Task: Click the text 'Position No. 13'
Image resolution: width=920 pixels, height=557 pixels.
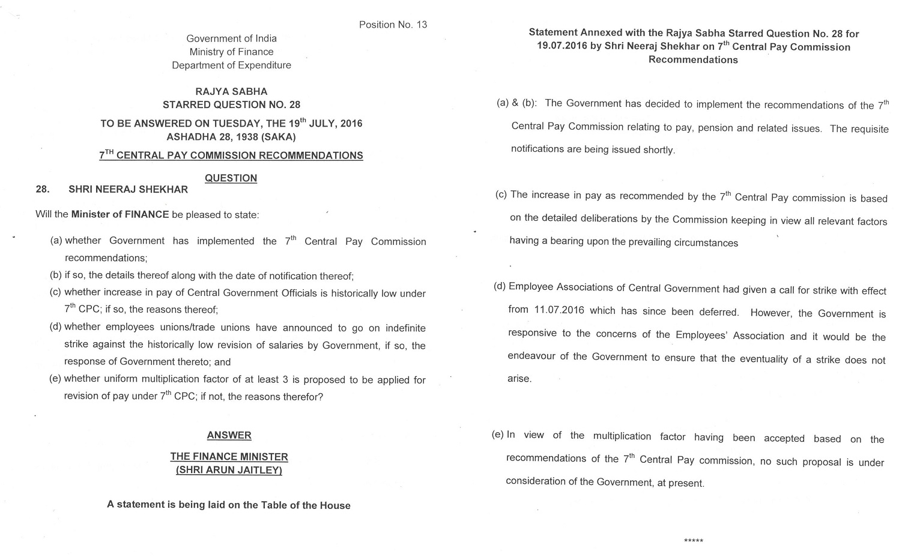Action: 393,25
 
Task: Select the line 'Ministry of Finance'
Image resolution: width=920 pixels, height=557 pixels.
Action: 231,52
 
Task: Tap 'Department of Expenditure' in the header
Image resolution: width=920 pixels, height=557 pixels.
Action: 231,65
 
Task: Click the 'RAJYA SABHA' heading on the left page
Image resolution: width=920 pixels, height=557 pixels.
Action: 231,91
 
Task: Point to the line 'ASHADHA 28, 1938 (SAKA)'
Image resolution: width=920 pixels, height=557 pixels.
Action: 231,137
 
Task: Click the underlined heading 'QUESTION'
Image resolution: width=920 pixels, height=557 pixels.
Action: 231,178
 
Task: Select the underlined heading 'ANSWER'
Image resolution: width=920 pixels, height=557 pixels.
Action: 229,435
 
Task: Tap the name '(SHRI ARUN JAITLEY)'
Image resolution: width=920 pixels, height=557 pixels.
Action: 229,470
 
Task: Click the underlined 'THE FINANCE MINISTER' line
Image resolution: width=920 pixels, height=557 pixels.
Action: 229,457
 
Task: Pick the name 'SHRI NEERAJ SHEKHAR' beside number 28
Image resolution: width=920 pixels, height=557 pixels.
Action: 128,190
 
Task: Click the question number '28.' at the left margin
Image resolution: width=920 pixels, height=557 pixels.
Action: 42,190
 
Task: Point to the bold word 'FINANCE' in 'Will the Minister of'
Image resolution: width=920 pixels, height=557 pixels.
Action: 147,215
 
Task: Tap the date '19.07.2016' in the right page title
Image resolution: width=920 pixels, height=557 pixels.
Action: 563,47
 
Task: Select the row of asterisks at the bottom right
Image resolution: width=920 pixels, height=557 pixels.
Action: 693,541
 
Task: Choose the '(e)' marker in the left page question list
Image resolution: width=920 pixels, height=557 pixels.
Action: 55,379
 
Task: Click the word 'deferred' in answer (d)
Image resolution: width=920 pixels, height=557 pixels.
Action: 719,312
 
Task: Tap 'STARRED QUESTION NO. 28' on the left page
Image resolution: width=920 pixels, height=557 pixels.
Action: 231,104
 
